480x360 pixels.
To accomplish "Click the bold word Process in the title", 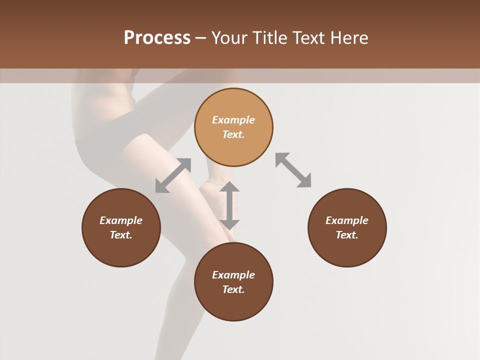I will point(157,38).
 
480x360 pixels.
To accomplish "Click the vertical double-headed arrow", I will point(229,205).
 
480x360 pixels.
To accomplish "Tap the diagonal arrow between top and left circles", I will point(173,175).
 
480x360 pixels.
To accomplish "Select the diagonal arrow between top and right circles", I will point(293,170).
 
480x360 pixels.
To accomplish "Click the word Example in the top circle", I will point(233,120).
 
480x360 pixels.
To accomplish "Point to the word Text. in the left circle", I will point(121,235).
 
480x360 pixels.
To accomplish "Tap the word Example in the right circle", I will point(347,220).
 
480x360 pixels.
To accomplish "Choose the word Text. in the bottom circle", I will point(233,289).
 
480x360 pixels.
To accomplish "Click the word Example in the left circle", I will point(121,220).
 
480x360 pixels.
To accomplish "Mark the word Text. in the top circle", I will point(233,134).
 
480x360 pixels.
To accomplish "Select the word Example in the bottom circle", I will point(233,275).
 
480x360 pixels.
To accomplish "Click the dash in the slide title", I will point(200,38).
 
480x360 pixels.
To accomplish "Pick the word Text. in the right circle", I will point(347,235).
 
